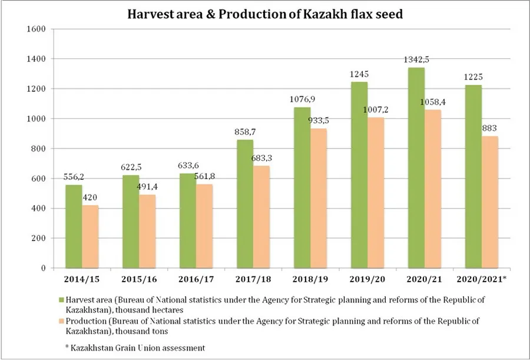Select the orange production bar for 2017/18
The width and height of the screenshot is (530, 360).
tap(261, 217)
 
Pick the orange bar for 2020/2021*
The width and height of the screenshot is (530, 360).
tap(490, 203)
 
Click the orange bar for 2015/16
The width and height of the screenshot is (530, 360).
tap(147, 232)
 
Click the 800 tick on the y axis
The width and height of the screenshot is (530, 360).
tap(39, 148)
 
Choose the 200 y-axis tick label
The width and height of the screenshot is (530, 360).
tap(39, 238)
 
